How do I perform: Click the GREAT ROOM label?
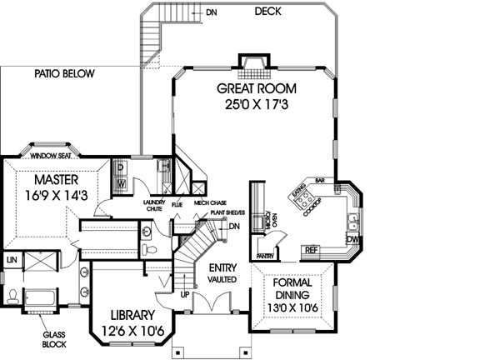[254, 88]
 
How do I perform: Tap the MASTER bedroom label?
[57, 180]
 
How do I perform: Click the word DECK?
[267, 11]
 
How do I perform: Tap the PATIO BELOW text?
[65, 74]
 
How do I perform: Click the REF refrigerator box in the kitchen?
[312, 249]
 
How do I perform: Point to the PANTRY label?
[266, 256]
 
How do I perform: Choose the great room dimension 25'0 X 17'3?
[254, 106]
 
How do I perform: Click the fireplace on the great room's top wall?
[253, 62]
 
